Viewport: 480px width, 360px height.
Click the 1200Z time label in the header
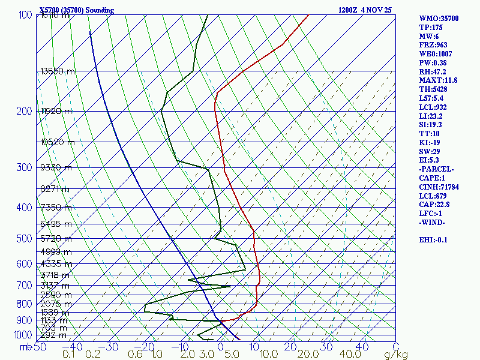(x=349, y=10)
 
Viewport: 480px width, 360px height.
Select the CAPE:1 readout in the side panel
(x=432, y=178)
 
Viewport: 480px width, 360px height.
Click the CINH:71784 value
(x=440, y=187)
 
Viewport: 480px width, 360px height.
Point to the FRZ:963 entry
(x=433, y=45)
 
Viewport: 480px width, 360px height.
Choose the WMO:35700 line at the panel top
(x=439, y=19)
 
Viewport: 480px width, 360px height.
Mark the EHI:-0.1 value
(x=434, y=239)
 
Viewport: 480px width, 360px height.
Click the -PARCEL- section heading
(x=436, y=169)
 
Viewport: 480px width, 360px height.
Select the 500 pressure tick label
(x=24, y=239)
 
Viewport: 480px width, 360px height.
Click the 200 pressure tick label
(x=24, y=112)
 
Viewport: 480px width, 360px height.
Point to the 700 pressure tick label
(x=24, y=286)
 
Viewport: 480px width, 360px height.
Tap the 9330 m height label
(x=55, y=168)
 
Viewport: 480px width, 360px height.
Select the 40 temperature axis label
(x=362, y=346)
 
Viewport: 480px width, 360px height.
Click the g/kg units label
(x=396, y=355)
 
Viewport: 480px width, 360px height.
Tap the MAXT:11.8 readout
(x=438, y=80)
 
